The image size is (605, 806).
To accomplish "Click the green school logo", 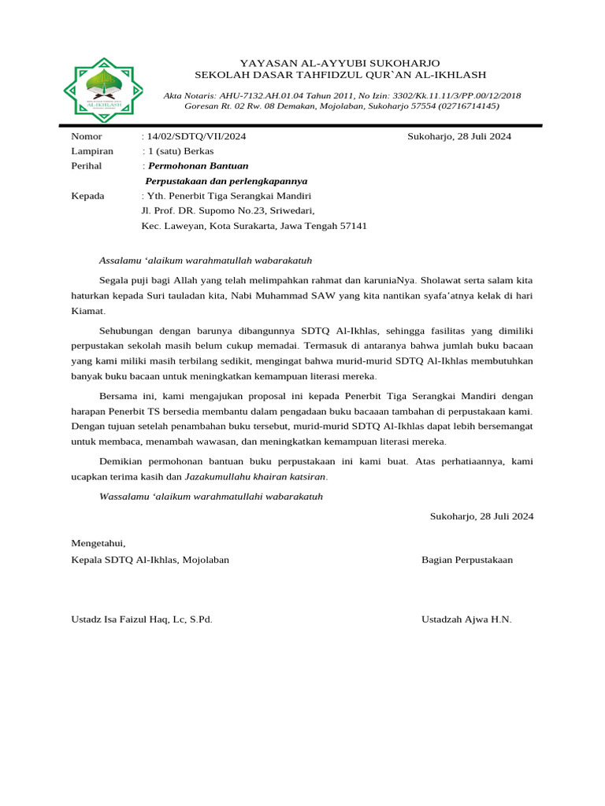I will (x=98, y=90).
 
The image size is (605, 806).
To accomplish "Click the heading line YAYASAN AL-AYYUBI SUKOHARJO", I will (x=340, y=62).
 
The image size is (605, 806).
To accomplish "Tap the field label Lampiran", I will (x=92, y=151).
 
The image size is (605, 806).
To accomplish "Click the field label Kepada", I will (x=87, y=196).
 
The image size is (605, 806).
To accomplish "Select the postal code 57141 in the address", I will (x=353, y=226).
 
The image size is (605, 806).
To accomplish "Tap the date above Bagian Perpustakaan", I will (x=481, y=516).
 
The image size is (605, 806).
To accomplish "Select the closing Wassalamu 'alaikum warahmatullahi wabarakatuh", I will (x=211, y=497).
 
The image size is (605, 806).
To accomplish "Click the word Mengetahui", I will (x=98, y=543).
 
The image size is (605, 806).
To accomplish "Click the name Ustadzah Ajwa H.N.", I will (x=466, y=619).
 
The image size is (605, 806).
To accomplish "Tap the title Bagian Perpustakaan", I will (x=467, y=560).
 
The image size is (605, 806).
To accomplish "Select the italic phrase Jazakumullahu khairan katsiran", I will (x=255, y=477).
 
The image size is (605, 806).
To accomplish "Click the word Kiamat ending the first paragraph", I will (x=87, y=312).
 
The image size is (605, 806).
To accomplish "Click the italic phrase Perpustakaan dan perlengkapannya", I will (x=227, y=181).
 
